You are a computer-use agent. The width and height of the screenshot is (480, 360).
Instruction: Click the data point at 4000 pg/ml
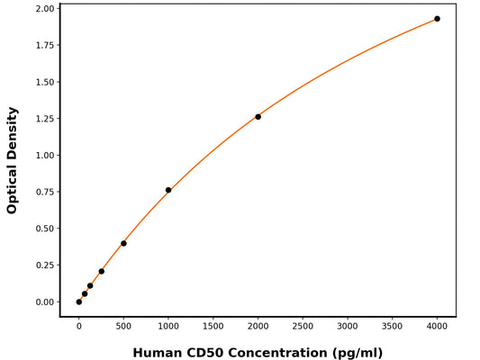coord(438,19)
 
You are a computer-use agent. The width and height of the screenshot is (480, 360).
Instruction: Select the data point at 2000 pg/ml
coord(258,117)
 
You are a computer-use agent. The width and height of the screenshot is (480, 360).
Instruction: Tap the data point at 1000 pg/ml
coord(168,190)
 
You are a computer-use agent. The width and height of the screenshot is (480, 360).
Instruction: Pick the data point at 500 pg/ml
coord(123,243)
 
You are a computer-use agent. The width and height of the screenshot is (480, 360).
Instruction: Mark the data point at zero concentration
coord(79,301)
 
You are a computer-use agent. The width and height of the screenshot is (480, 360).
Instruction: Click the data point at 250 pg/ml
coord(101,271)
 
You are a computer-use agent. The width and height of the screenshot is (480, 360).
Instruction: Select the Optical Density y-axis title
coord(13,160)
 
